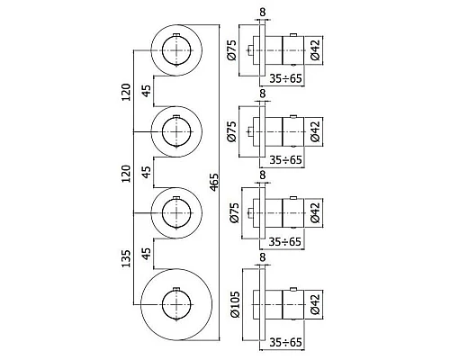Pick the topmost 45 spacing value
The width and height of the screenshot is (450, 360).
point(147,91)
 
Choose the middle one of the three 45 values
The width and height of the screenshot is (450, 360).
point(147,172)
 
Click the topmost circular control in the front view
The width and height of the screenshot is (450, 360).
point(177,51)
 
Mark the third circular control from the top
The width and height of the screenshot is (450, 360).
point(177,212)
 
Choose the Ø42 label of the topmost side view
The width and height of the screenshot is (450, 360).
point(316,47)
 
